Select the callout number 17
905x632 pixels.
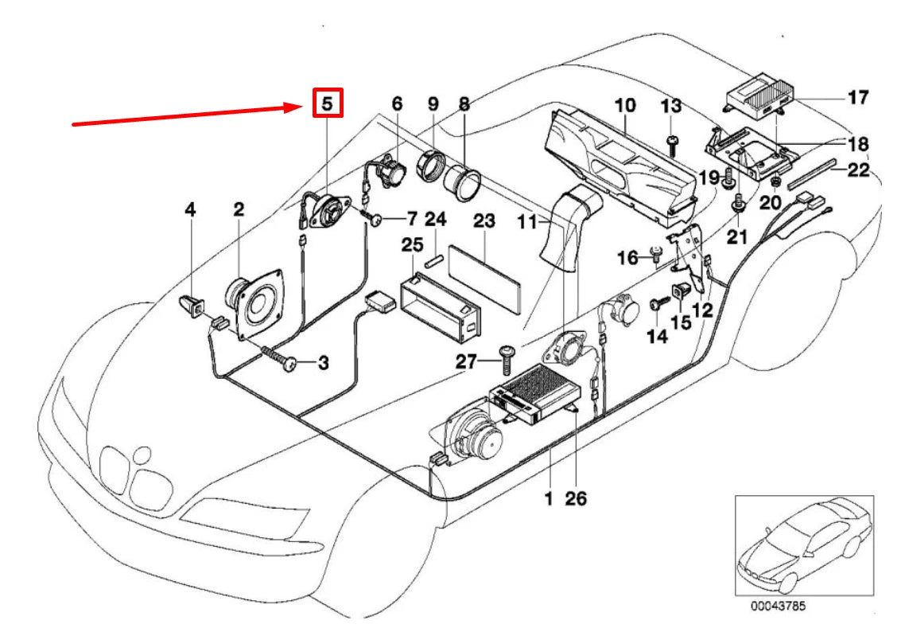858,98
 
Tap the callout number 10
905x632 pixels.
625,105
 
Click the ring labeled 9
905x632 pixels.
431,167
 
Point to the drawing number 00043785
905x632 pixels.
778,606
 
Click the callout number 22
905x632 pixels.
857,170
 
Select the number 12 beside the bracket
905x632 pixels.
701,310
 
